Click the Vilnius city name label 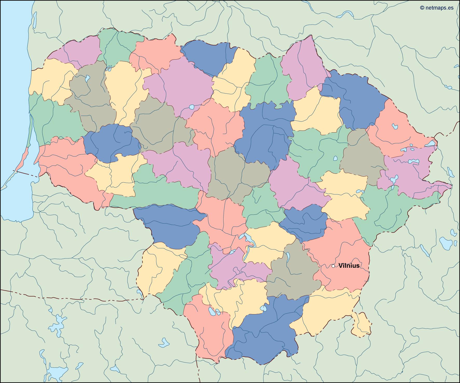[x=349, y=266]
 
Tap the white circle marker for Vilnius [x=333, y=266]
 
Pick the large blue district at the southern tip [x=264, y=334]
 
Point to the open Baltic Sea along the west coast [x=13, y=78]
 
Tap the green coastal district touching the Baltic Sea [x=52, y=119]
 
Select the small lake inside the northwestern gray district [x=87, y=78]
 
